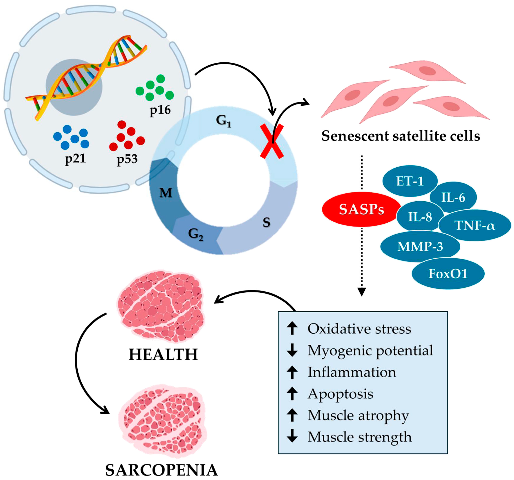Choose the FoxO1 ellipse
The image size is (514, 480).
pyautogui.click(x=448, y=274)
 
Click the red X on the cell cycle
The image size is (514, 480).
pyautogui.click(x=272, y=141)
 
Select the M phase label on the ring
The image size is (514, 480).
pyautogui.click(x=165, y=193)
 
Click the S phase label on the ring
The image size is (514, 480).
pyautogui.click(x=266, y=222)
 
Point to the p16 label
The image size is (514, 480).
pyautogui.click(x=160, y=110)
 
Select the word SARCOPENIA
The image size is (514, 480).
pyautogui.click(x=162, y=470)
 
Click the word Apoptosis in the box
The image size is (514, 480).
pyautogui.click(x=340, y=394)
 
